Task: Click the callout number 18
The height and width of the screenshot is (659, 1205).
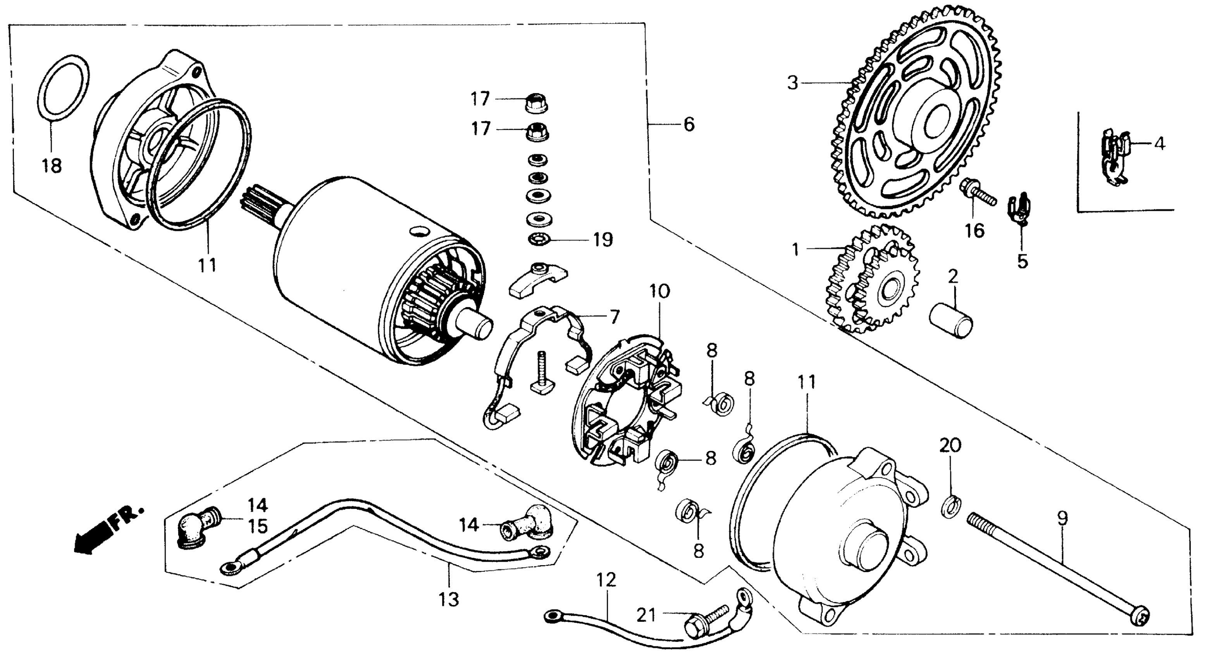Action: [52, 166]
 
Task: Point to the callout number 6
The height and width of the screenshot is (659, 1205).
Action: [689, 124]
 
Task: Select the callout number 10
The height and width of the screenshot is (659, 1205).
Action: [659, 292]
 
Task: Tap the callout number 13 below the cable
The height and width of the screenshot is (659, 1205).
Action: [449, 600]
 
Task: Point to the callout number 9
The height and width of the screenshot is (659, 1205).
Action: [1063, 519]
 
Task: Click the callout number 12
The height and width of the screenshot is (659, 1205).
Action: [607, 580]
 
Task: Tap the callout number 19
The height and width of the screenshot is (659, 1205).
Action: [603, 240]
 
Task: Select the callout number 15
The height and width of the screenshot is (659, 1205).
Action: [257, 526]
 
